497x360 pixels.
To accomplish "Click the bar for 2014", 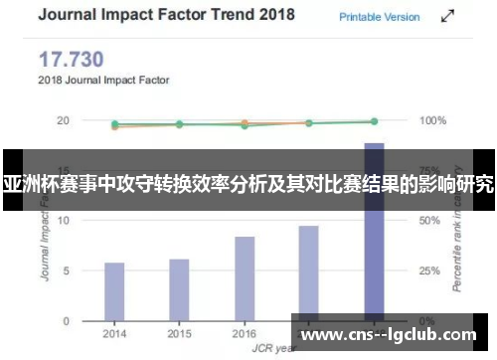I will pos(114,291).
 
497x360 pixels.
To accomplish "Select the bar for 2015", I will pos(179,289).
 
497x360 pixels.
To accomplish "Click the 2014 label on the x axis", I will pos(114,333).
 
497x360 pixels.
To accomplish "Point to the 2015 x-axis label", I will pos(179,333).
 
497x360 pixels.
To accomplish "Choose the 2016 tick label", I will pos(245,333).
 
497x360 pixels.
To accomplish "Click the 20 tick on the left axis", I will pos(63,120).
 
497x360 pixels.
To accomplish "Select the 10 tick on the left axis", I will pos(63,221).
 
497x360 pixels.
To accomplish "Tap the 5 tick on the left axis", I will pos(66,270).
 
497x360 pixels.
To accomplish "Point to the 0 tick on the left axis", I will pos(66,321).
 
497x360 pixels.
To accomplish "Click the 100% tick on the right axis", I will pos(433,120).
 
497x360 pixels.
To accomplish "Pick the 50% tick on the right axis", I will pos(430,221).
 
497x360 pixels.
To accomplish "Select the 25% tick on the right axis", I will pos(430,270).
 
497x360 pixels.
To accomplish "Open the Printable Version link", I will pos(379,17).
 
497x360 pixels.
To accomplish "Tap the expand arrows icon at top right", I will pos(448,17).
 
